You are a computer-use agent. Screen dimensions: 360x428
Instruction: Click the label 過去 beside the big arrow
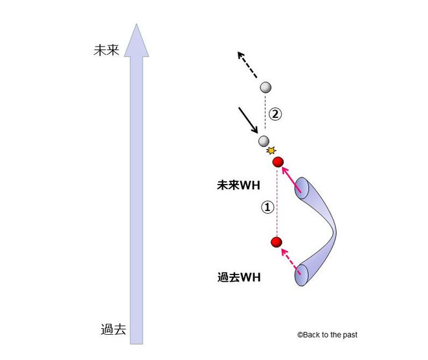pyautogui.click(x=113, y=329)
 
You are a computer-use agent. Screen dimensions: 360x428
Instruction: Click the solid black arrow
pyautogui.click(x=249, y=120)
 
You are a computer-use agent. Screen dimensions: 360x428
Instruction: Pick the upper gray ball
pyautogui.click(x=265, y=87)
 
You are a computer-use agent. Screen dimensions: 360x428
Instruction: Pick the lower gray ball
pyautogui.click(x=264, y=141)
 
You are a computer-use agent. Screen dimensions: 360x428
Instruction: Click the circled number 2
pyautogui.click(x=276, y=115)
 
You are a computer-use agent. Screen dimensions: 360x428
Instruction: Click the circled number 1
pyautogui.click(x=266, y=207)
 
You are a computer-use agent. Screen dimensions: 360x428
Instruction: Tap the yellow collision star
pyautogui.click(x=271, y=151)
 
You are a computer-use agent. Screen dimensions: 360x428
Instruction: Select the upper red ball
pyautogui.click(x=278, y=161)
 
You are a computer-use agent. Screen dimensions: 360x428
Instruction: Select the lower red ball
pyautogui.click(x=276, y=243)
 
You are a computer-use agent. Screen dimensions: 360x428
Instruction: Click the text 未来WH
pyautogui.click(x=238, y=185)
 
